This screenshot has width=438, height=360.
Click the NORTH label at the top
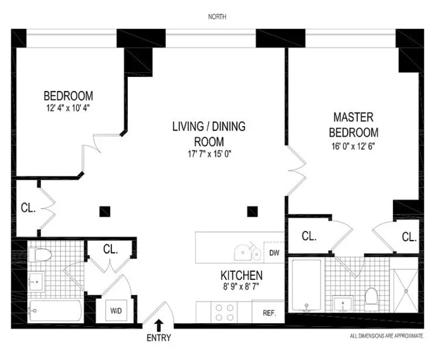tap(217, 17)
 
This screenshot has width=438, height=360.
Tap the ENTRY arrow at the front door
tap(159, 325)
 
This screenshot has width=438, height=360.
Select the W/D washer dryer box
tap(115, 311)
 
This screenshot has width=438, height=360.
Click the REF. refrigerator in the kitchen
tap(269, 313)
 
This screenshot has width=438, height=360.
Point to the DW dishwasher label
tap(274, 253)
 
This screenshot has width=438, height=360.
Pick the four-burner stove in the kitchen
tap(224, 312)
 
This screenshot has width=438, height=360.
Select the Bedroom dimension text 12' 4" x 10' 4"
tap(68, 108)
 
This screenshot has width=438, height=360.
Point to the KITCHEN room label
tap(242, 275)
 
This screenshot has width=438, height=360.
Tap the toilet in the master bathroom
tap(372, 299)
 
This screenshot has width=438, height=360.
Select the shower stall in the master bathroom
tap(405, 290)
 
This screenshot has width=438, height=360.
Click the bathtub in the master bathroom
tap(306, 285)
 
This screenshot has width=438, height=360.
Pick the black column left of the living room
tap(105, 212)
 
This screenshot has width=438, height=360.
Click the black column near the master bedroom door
tap(253, 212)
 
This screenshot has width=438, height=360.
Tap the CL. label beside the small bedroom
tap(28, 208)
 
